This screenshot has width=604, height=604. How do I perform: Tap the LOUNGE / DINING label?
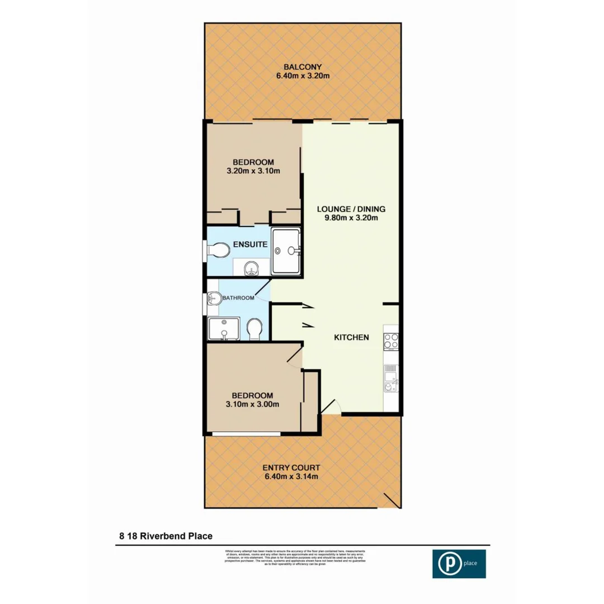coord(351,209)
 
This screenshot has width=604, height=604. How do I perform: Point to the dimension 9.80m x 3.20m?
coord(351,219)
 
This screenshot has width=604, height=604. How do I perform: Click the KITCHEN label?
coord(351,337)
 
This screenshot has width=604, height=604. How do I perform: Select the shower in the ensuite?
coord(286,251)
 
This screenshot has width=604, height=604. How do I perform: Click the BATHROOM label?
coord(239,298)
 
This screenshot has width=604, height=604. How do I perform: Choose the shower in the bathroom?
coord(223,329)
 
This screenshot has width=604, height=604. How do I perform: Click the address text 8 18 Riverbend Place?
coord(166,536)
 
